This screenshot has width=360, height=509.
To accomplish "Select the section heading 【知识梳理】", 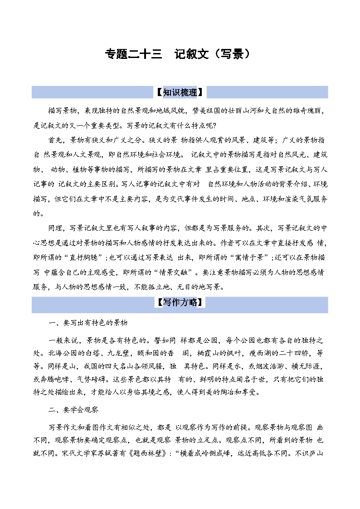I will click(180, 92).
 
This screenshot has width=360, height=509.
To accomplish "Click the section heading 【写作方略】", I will click(180, 302).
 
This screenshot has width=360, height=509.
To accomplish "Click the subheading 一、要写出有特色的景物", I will click(88, 323).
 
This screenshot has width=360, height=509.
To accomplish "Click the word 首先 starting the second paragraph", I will click(55, 139).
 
